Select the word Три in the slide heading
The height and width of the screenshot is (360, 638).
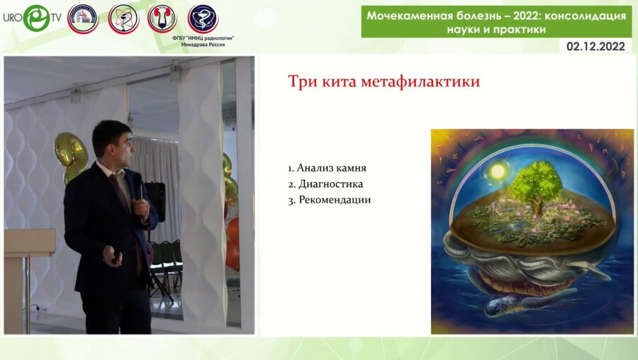(301, 81)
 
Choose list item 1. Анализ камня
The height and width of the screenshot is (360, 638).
(327, 168)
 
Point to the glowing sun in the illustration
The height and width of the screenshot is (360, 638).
(498, 171)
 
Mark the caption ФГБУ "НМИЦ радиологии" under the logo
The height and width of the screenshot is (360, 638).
(203, 36)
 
